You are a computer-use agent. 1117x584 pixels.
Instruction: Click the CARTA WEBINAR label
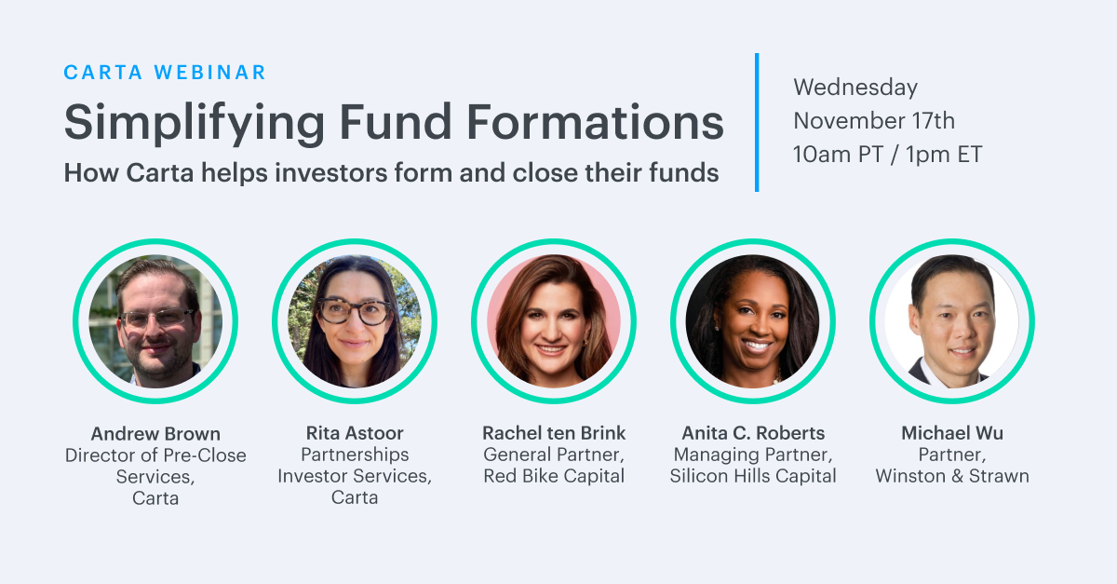pos(165,73)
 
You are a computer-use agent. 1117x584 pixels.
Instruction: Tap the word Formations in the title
pos(595,122)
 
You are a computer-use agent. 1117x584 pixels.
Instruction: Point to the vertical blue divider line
pos(757,122)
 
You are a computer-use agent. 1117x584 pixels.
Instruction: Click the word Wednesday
pos(855,88)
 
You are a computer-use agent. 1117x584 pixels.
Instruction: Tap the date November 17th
pos(874,121)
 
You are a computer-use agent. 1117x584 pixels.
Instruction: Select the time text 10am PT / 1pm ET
pos(888,155)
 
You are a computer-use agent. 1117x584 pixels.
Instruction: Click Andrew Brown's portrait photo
pos(155,321)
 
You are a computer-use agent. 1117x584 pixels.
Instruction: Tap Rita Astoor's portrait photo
pos(355,321)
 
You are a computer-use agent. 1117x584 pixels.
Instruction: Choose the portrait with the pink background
pos(554,321)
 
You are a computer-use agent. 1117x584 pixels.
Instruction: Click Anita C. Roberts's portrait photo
pos(753,321)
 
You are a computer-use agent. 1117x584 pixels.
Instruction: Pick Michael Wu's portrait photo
pos(952,321)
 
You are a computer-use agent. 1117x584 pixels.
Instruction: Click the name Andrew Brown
pos(155,434)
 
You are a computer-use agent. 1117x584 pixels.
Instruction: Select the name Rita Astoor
pos(355,433)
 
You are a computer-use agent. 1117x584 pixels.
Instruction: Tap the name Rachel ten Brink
pos(554,433)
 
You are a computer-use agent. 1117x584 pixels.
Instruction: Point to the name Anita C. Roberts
pos(753,433)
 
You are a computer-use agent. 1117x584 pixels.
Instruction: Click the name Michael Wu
pos(952,433)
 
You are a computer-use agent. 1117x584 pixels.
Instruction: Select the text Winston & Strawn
pos(952,476)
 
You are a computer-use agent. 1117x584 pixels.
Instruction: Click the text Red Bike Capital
pos(554,476)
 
